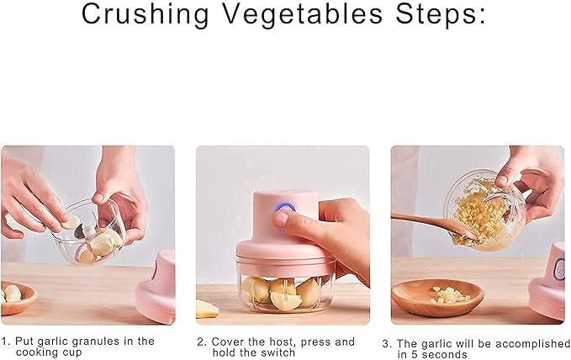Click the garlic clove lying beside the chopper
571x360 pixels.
coord(206,309)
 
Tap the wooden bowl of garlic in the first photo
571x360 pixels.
coord(17,297)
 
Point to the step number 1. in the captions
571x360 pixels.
coord(6,341)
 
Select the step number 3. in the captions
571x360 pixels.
coord(387,343)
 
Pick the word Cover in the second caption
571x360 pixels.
coord(226,341)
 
